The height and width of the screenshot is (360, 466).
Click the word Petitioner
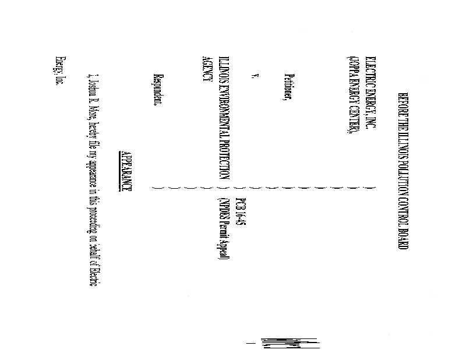click(x=288, y=87)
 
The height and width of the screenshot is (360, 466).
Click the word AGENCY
click(x=206, y=69)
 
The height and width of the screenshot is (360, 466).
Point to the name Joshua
click(x=90, y=89)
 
